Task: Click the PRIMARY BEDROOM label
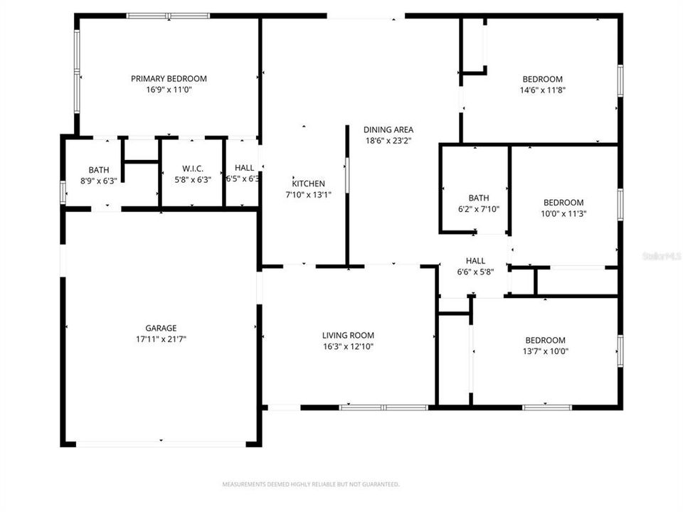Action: [169, 78]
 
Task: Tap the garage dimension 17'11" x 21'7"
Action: [162, 339]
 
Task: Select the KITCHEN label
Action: [308, 183]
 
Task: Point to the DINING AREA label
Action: [388, 129]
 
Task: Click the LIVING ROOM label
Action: [348, 336]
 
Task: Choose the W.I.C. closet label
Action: [193, 169]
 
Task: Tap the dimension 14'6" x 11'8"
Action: [543, 90]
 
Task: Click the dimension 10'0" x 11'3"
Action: [563, 213]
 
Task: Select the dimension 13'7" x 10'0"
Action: [545, 351]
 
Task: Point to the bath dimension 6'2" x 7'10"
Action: [479, 208]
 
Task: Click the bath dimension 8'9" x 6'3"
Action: [99, 181]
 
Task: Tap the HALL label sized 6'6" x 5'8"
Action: [475, 260]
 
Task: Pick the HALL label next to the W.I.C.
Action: [244, 168]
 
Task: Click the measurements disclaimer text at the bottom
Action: [311, 484]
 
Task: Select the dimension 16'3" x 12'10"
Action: [348, 347]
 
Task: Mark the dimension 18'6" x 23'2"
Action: [388, 141]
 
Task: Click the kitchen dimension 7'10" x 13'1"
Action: [308, 195]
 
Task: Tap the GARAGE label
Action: [162, 328]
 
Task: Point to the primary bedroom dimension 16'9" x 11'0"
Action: [169, 90]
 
